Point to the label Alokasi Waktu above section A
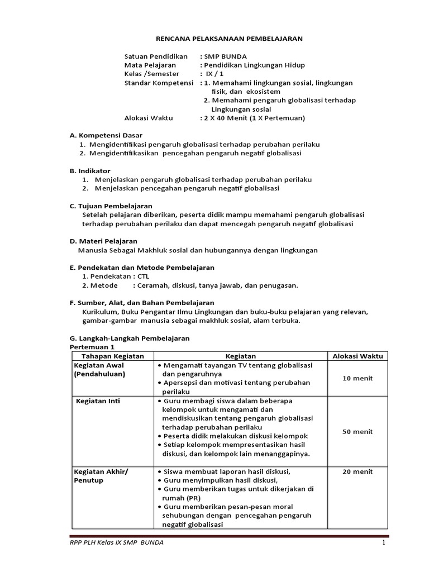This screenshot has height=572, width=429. tap(149, 118)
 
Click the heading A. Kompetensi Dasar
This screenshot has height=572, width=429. tap(106, 135)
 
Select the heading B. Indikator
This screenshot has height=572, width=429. tap(90, 170)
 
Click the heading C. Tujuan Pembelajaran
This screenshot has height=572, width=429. tap(111, 206)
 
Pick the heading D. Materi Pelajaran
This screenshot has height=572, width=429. tap(103, 241)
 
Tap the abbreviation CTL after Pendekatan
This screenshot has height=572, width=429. tap(144, 277)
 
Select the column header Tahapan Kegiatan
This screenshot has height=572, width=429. tap(113, 356)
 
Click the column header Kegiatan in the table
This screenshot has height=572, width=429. tap(240, 356)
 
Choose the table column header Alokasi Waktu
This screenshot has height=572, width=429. tap(357, 356)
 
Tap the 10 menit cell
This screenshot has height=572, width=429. tap(357, 378)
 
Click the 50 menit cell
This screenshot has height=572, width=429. tap(357, 432)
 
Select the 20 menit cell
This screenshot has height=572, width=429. tap(357, 472)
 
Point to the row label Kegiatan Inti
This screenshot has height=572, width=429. tap(99, 401)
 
